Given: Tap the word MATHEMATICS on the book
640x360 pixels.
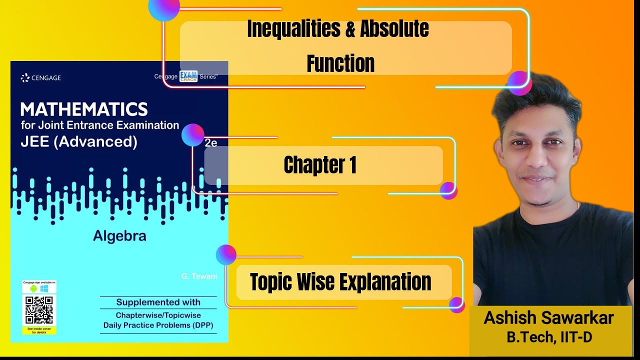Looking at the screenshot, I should coord(84,109).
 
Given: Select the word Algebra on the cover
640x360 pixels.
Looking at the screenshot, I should coord(119,235).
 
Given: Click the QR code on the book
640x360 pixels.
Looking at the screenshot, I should coord(39,309).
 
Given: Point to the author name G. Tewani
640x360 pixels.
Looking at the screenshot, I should coord(199,276).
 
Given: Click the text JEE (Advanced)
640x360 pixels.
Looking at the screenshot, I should coord(79,142).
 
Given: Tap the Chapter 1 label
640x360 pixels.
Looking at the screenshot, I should coord(320,165).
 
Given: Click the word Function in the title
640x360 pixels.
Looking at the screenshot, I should coord(340,63).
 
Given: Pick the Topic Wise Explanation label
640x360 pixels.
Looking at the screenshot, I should coord(340,282).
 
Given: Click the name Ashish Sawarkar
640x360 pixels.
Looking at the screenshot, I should coord(548,318).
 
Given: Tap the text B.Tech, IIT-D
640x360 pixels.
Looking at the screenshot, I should coord(549,337).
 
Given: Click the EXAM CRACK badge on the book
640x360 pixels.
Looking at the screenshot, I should coord(188,76).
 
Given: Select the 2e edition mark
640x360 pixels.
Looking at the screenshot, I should coord(210,142).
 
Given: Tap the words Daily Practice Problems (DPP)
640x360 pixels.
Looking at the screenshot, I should coord(158,325).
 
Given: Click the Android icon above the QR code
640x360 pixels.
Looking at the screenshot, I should coord(33,288).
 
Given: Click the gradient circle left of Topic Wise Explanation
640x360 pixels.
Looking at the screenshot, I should coord(226,254).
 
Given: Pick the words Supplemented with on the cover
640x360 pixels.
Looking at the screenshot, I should coord(158,302).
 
